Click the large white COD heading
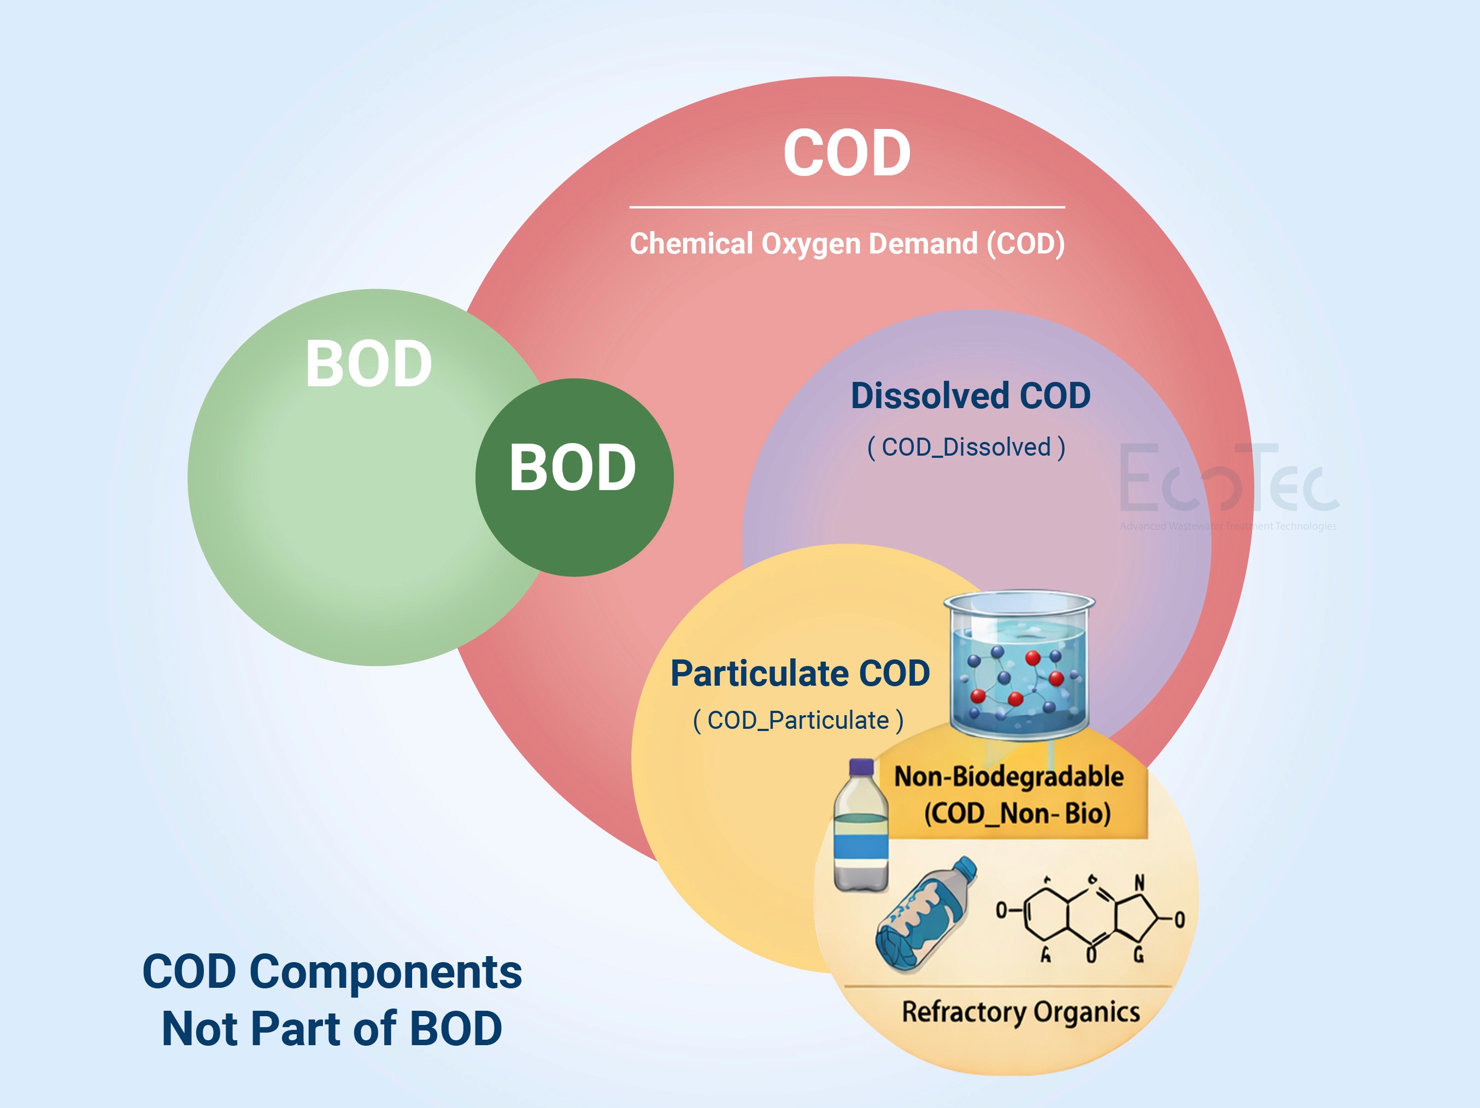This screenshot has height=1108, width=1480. click(847, 154)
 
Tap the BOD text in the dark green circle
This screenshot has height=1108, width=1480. click(573, 468)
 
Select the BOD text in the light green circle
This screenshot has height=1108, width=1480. click(369, 364)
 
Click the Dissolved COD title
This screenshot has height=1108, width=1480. click(970, 396)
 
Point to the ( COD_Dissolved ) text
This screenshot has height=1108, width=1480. click(966, 447)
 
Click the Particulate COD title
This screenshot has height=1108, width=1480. click(800, 673)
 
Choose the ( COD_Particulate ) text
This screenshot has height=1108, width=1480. click(798, 721)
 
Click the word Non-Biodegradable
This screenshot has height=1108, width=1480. click(1009, 777)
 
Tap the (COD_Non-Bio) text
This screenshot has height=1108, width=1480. click(1017, 814)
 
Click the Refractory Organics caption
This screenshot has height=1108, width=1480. click(1020, 1012)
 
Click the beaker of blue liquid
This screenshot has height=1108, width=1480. click(1019, 665)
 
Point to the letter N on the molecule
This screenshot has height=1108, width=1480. click(1140, 883)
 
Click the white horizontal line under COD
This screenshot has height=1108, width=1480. click(847, 207)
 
